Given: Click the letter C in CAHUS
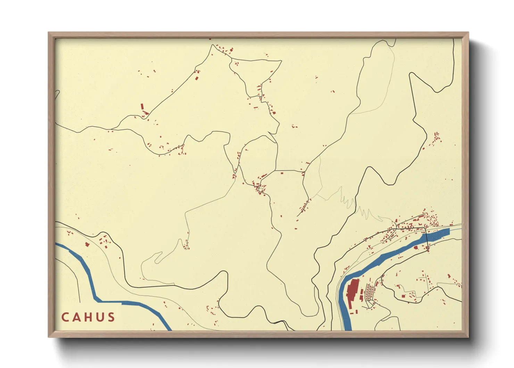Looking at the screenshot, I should pyautogui.click(x=65, y=317).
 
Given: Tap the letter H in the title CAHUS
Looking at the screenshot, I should pyautogui.click(x=88, y=317).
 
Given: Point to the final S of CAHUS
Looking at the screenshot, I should pyautogui.click(x=111, y=317).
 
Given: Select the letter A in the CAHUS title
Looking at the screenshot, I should pyautogui.click(x=76, y=317).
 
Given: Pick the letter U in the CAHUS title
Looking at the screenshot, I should pyautogui.click(x=100, y=317).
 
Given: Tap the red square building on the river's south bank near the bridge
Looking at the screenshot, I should pyautogui.click(x=416, y=248).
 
